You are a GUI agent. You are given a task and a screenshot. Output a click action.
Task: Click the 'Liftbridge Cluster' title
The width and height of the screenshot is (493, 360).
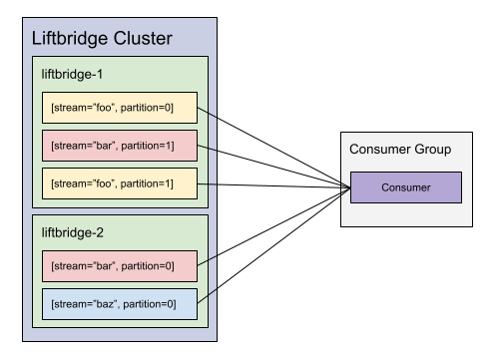[102, 40]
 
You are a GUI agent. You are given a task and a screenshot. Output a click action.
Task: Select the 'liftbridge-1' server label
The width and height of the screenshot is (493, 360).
[73, 74]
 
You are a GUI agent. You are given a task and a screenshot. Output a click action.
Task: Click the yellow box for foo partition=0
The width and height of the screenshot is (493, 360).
[119, 107]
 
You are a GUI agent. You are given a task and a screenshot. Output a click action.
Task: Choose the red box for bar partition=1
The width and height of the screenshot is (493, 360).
[119, 146]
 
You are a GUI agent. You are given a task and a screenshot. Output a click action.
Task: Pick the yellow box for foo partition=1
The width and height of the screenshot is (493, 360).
[119, 183]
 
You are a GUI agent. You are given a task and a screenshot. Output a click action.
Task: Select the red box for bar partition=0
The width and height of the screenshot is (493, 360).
[119, 265]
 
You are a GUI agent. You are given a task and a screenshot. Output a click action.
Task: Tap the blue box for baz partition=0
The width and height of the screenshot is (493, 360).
[119, 303]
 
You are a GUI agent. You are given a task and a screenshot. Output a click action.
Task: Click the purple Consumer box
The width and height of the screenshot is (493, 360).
[405, 187]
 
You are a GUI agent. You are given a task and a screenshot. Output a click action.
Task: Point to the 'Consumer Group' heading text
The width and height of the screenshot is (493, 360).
[400, 150]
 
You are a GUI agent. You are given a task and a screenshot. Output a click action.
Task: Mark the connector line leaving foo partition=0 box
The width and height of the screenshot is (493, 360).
[211, 112]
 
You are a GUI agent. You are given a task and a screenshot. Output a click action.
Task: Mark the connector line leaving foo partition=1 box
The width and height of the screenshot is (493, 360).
[211, 183]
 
